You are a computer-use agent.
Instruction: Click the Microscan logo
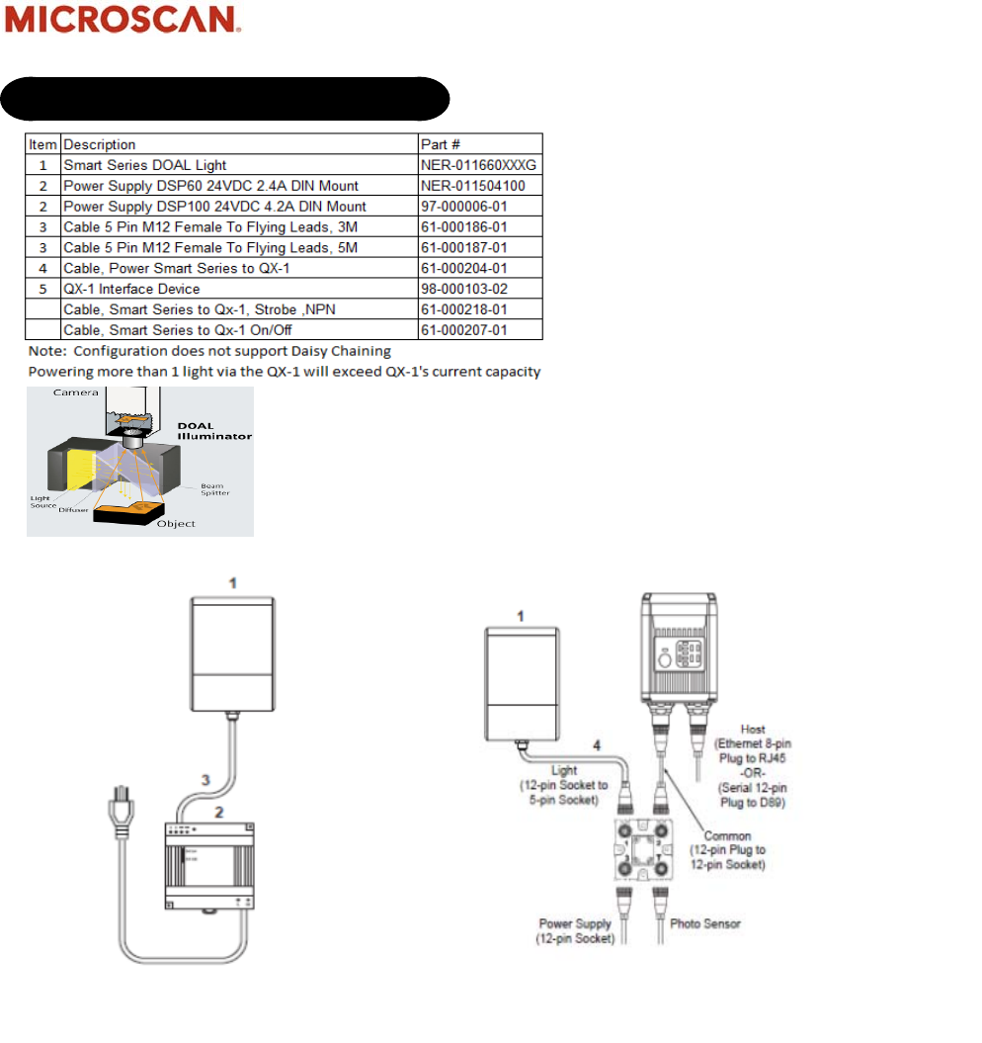[x=123, y=20]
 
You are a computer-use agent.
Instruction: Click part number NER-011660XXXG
[x=479, y=165]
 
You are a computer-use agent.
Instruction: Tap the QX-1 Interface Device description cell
[x=131, y=289]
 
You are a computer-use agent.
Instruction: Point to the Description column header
[x=100, y=144]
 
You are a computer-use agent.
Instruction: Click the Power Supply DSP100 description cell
[x=214, y=207]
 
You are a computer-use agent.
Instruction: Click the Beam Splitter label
[x=214, y=489]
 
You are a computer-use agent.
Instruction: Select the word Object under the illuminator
[x=176, y=524]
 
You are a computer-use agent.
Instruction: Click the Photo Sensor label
[x=705, y=924]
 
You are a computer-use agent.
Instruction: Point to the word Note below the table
[x=43, y=351]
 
